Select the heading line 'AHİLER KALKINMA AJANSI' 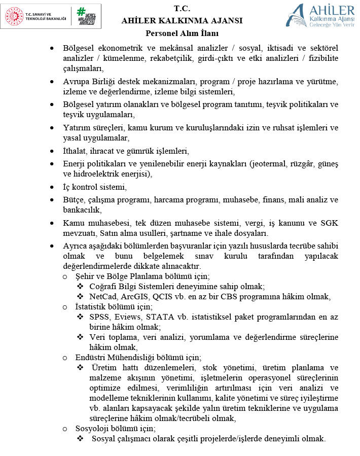click(182, 21)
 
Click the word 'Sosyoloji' click(93, 428)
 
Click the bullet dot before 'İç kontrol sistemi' click(52, 187)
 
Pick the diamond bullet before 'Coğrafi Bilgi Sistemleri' click(80, 287)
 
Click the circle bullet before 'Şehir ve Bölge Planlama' click(64, 277)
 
